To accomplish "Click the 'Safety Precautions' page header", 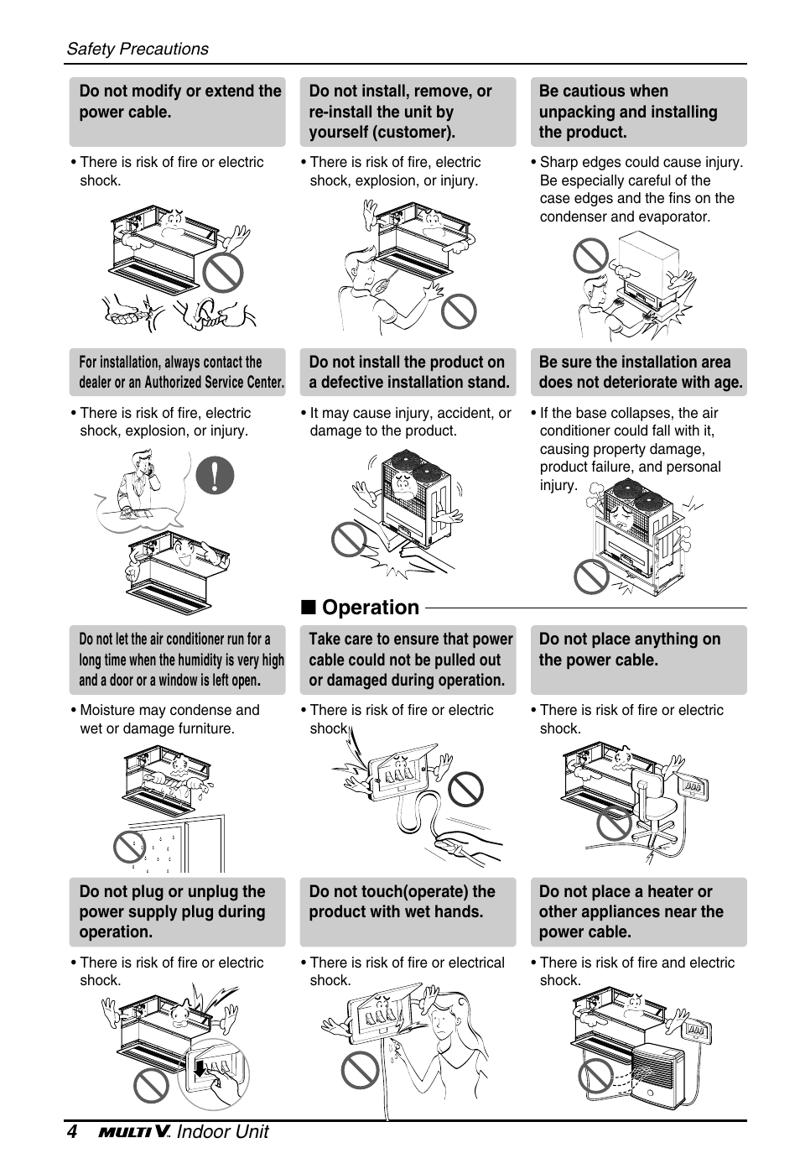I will click(138, 49).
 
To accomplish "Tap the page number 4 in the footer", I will click(72, 1132).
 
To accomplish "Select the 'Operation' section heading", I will click(370, 608).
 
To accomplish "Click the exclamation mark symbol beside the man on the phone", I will click(215, 475).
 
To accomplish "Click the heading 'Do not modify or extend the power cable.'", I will click(179, 102).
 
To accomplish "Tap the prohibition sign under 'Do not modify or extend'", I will click(222, 272).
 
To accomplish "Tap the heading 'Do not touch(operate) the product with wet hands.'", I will click(403, 901).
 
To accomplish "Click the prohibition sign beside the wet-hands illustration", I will click(361, 1070).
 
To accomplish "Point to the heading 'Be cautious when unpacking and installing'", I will click(629, 112).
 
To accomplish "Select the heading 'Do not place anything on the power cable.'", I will click(629, 650).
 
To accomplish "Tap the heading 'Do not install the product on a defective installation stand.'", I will click(409, 372).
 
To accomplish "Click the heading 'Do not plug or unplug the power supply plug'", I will click(173, 911).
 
